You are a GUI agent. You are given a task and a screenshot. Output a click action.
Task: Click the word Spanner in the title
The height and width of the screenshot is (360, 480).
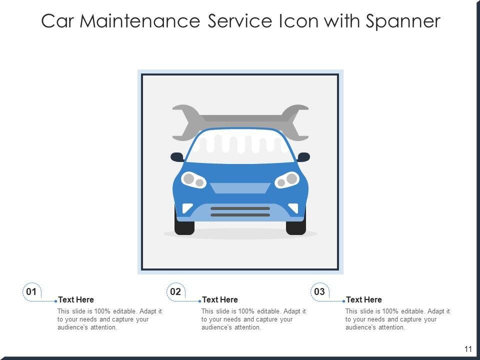pos(403,21)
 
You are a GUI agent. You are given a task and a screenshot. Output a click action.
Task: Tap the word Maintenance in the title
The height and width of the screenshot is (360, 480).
pos(140,21)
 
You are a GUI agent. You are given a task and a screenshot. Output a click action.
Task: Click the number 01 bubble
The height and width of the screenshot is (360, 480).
pos(31,291)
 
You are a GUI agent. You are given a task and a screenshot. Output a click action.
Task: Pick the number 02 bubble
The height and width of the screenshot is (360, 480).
pos(175,291)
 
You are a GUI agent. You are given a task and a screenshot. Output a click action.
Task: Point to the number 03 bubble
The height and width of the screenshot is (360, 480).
pos(319,291)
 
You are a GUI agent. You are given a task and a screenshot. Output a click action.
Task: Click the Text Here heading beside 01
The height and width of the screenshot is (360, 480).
pos(76,299)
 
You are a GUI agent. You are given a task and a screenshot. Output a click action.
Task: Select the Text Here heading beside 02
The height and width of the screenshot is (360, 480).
pos(220,299)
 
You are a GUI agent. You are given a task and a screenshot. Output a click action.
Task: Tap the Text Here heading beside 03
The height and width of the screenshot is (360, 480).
pos(364,299)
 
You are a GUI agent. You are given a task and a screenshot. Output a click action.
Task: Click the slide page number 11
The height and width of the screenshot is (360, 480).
pos(468,349)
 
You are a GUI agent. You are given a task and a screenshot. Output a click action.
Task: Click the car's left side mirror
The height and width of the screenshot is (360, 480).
pos(177,157)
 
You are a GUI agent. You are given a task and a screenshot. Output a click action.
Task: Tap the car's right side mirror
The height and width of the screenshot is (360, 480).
pos(303,157)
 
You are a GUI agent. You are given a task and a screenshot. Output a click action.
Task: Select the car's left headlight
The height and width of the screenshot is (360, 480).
pos(193,179)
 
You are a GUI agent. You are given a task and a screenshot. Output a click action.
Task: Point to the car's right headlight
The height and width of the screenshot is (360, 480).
pos(287,179)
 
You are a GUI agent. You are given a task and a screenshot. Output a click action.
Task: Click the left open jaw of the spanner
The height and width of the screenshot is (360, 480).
pos(185,122)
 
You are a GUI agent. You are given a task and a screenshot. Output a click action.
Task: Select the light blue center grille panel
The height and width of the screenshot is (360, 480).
pos(240,188)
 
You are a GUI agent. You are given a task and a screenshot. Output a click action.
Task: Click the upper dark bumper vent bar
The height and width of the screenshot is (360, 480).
pos(240,208)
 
